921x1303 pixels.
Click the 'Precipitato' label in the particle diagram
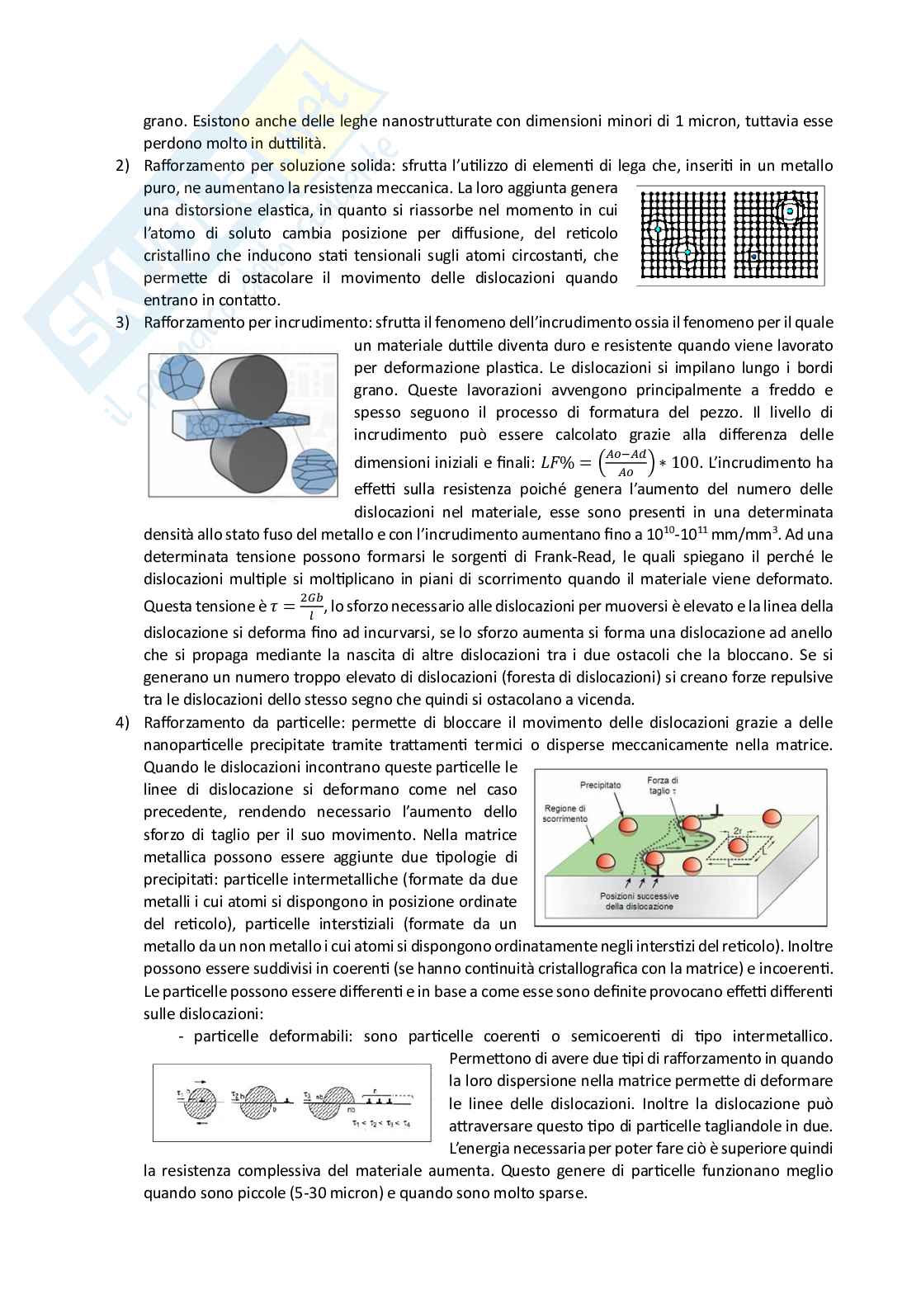(600, 785)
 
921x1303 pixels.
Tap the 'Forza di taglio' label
(662, 785)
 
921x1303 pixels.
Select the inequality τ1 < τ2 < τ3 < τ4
(380, 1125)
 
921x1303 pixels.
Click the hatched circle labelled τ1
(198, 1102)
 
